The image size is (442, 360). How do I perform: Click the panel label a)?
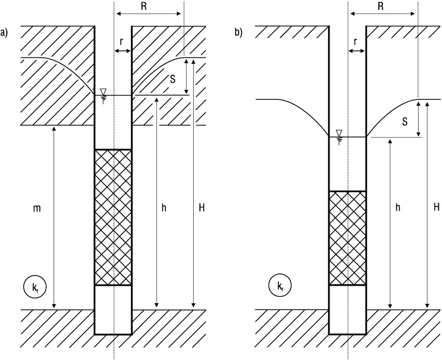coord(4,33)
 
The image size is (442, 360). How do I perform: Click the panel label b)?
coord(238,33)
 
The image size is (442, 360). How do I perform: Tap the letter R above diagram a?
coord(144,7)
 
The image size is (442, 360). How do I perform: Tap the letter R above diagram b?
coord(380,7)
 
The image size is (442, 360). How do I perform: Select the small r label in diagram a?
coord(122,41)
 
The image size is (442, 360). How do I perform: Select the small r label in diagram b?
coord(356,41)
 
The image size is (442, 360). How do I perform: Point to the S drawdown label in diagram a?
coord(172,79)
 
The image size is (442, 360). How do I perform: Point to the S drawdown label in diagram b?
coord(405,122)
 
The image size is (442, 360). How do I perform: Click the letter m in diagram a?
coord(37,209)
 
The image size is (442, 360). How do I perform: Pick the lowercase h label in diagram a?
coord(164,208)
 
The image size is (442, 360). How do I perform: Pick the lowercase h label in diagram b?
coord(398,208)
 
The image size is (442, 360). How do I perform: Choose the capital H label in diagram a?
coord(202,208)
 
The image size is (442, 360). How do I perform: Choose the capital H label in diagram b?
coord(436,208)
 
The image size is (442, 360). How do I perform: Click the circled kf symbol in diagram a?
coord(34,287)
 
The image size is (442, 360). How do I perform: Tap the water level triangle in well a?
coord(103,91)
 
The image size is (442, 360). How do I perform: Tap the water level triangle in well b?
coord(339,133)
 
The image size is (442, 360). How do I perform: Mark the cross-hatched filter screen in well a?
coord(113,217)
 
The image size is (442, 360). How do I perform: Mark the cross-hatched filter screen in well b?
coord(348,238)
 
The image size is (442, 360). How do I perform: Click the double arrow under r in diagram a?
coord(123,51)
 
